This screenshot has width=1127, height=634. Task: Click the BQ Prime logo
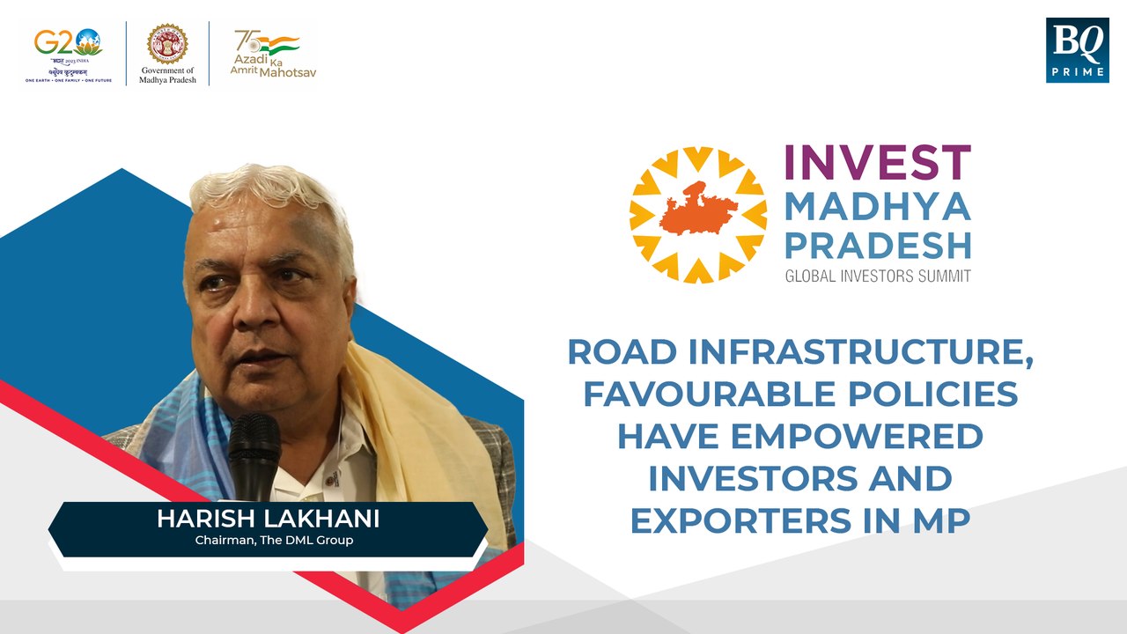[1077, 50]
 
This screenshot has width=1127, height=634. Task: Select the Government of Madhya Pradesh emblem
[167, 44]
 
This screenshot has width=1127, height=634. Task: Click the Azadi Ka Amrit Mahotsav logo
[264, 53]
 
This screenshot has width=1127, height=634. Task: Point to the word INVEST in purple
[877, 164]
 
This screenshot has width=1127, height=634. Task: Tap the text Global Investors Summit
[877, 276]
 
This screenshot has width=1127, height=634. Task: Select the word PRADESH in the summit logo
[877, 245]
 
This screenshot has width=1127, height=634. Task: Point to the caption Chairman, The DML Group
[274, 540]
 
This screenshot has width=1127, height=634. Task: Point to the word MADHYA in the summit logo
[877, 206]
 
